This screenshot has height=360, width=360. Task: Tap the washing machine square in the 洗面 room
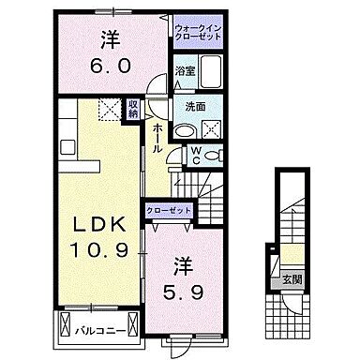click(x=213, y=130)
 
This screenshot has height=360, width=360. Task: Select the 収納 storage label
click(x=133, y=108)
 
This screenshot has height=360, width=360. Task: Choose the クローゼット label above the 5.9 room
click(x=169, y=210)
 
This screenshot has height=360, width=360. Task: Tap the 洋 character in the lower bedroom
click(x=183, y=263)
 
